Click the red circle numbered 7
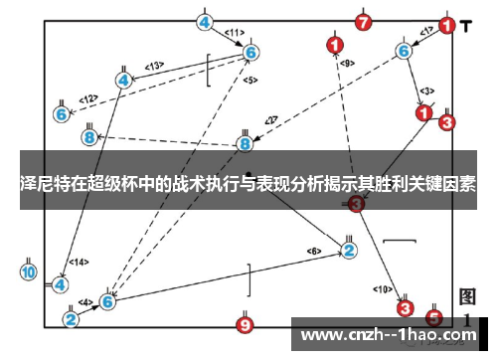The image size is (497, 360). [x=363, y=22]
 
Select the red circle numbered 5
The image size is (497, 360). [x=433, y=318]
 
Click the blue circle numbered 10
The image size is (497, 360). [x=28, y=271]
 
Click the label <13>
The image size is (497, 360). [x=154, y=66]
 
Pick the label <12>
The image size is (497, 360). [x=89, y=98]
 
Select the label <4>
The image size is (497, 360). [x=86, y=301]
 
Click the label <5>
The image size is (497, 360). [x=249, y=80]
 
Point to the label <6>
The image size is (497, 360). [x=314, y=250]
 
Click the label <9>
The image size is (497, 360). [x=346, y=63]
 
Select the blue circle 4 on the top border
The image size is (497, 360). [x=205, y=22]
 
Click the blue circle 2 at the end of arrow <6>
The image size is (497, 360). [x=349, y=250]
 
